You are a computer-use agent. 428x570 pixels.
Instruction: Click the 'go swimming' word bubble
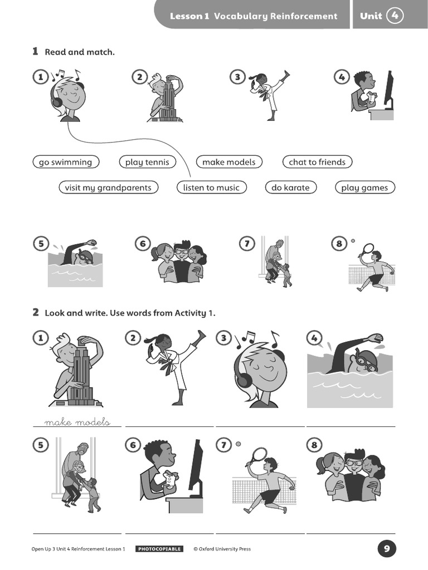pyautogui.click(x=66, y=162)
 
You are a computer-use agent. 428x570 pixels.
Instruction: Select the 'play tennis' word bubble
pyautogui.click(x=147, y=162)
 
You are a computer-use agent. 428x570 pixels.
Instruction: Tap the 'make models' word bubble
pyautogui.click(x=228, y=162)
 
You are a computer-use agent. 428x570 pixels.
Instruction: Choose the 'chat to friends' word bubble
pyautogui.click(x=317, y=162)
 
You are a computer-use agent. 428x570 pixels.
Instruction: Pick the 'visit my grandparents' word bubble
pyautogui.click(x=108, y=188)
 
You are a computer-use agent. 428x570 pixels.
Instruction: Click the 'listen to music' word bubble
pyautogui.click(x=211, y=188)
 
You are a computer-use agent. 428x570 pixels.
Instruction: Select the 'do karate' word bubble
pyautogui.click(x=290, y=188)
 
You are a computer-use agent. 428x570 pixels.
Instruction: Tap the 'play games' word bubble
pyautogui.click(x=364, y=188)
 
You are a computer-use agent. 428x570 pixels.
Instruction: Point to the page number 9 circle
pyautogui.click(x=387, y=549)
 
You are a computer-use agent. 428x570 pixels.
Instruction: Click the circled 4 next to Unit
pyautogui.click(x=395, y=16)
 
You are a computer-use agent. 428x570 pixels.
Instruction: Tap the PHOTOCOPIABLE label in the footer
pyautogui.click(x=159, y=549)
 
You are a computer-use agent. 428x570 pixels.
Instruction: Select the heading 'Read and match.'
pyautogui.click(x=80, y=52)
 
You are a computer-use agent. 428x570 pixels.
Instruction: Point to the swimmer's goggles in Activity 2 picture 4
pyautogui.click(x=365, y=361)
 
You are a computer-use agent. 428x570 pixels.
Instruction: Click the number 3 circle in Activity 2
pyautogui.click(x=223, y=337)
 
